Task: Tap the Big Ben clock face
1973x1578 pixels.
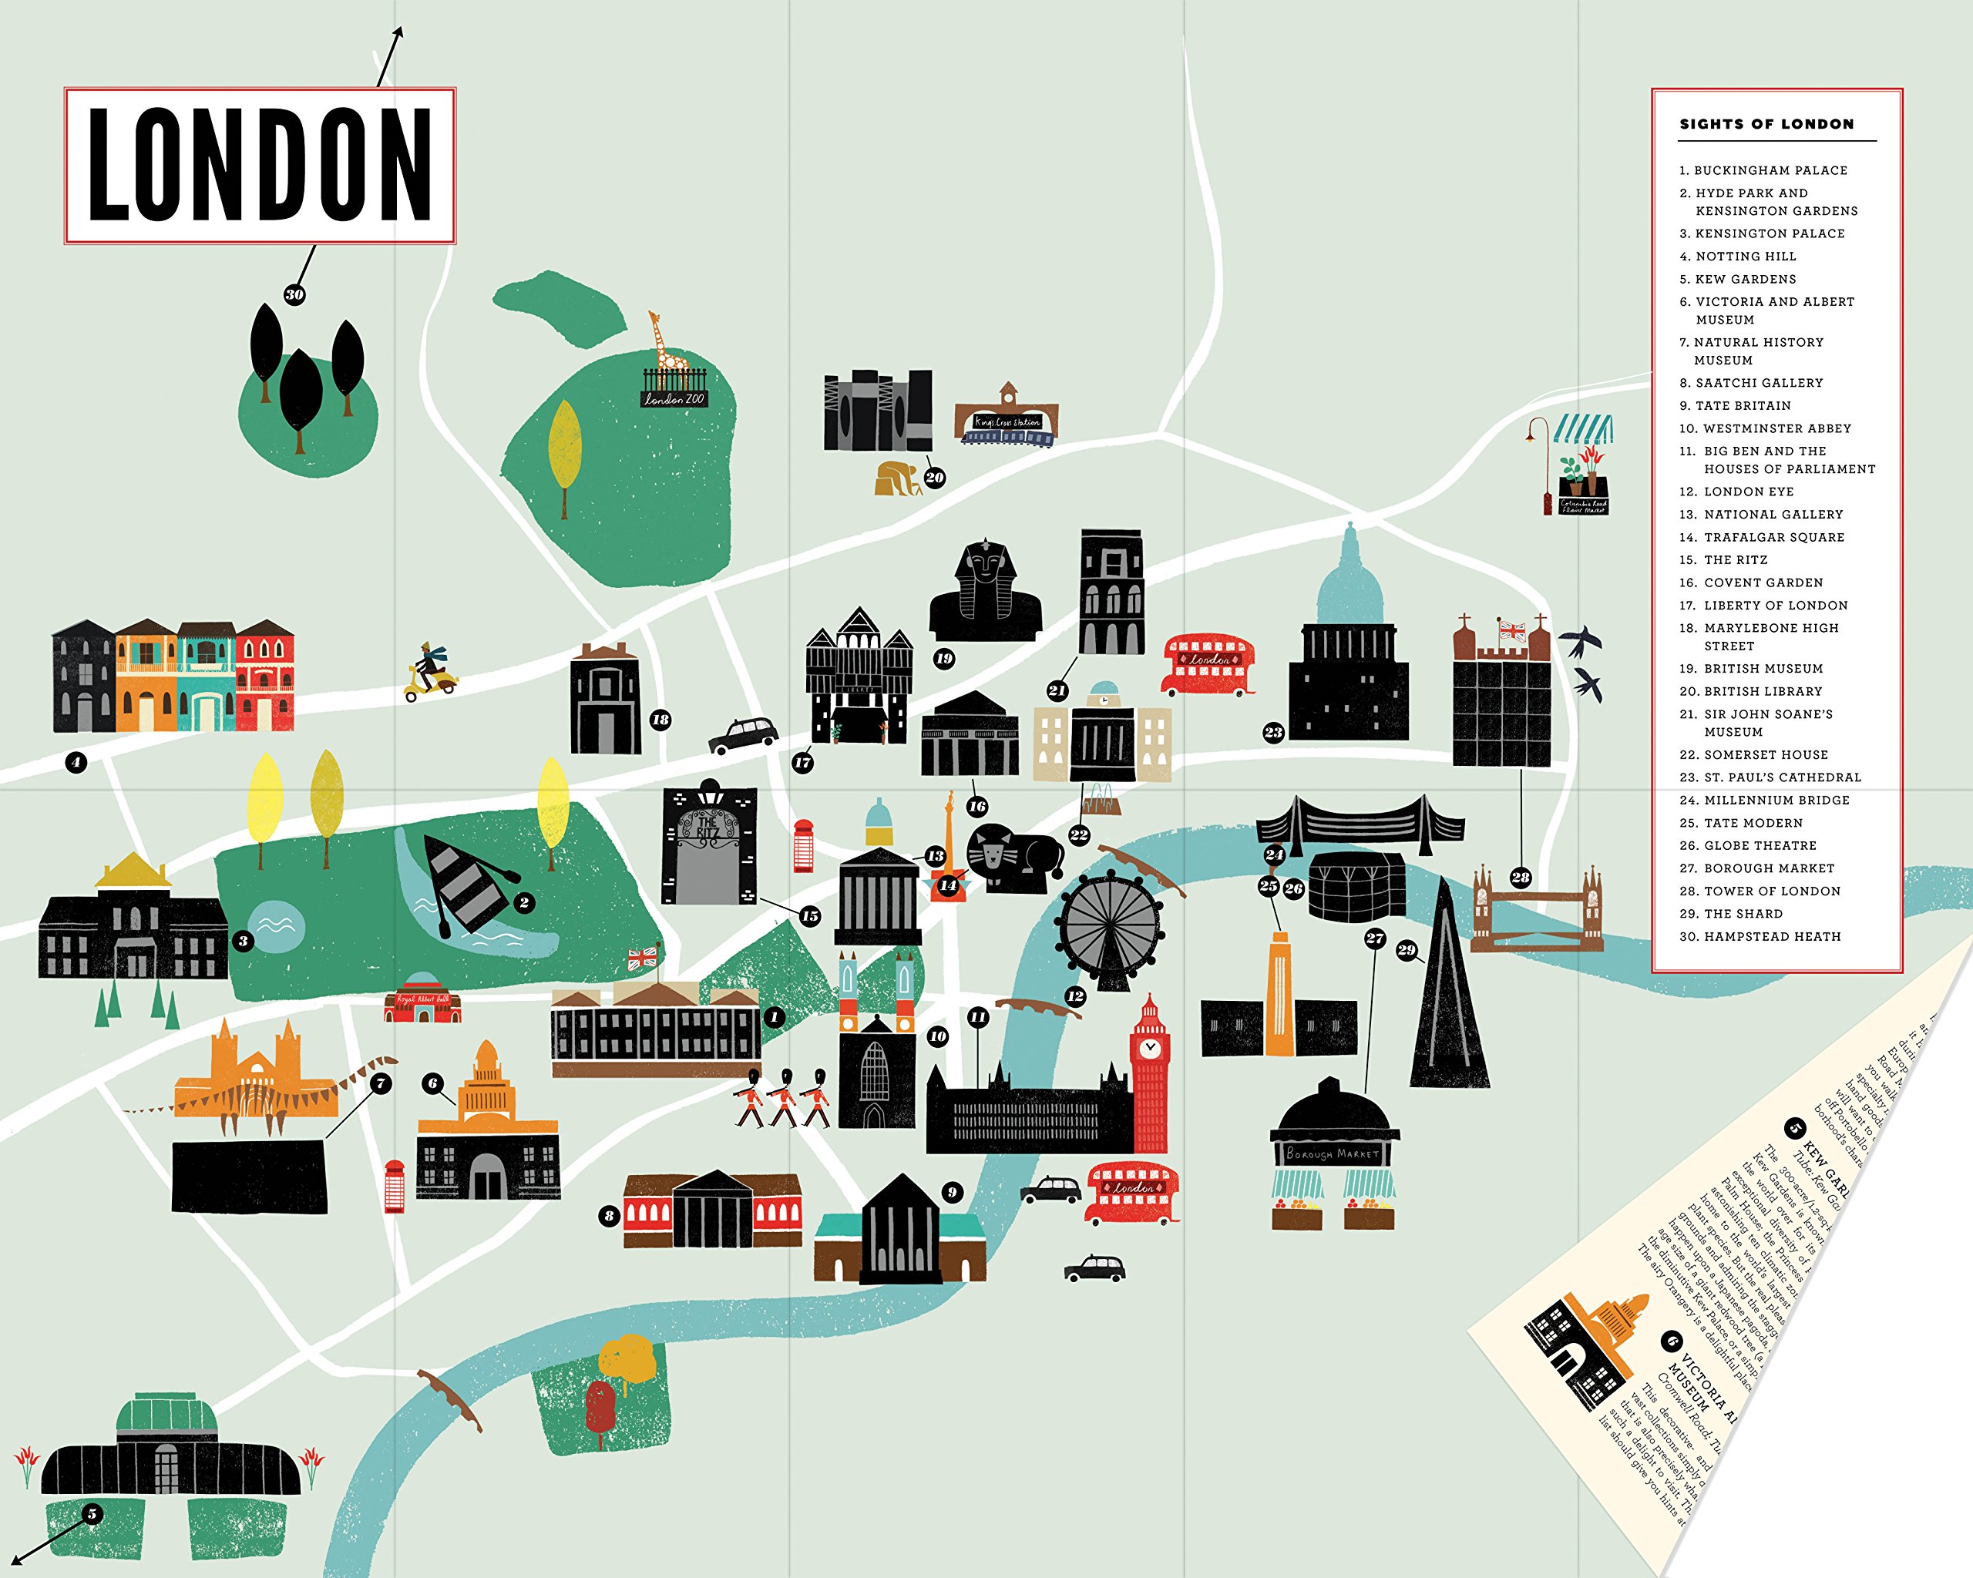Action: [x=1149, y=1047]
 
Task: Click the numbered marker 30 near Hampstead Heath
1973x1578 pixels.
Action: [x=294, y=294]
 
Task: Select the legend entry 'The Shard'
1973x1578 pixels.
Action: [x=1743, y=914]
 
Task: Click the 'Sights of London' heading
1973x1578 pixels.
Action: [x=1766, y=124]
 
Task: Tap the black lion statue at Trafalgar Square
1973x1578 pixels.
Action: [x=1011, y=858]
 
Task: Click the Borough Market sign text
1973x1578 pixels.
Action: [x=1333, y=1154]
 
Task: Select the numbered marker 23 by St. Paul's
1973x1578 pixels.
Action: [x=1273, y=732]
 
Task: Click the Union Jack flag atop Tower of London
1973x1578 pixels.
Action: [x=1512, y=630]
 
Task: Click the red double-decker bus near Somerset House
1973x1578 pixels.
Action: [x=1208, y=663]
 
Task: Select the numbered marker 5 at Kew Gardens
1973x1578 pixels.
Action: [x=91, y=1514]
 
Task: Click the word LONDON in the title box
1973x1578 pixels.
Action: [x=260, y=166]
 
